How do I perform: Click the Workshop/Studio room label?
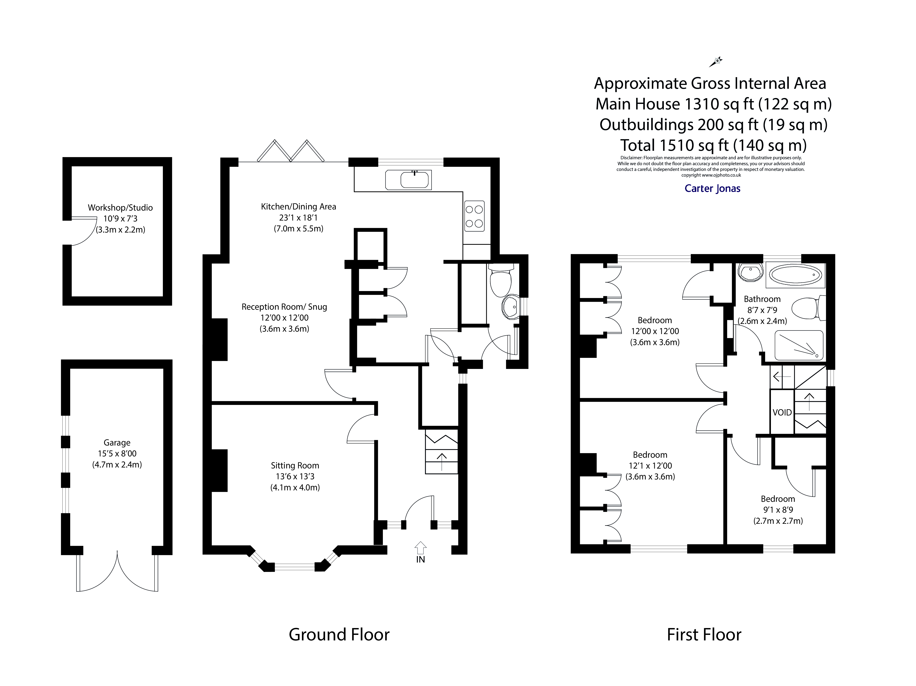[x=120, y=208]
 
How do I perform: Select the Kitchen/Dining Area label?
[x=298, y=207]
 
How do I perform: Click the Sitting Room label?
[x=295, y=465]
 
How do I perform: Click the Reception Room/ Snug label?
[x=284, y=307]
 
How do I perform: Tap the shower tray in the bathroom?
[x=798, y=345]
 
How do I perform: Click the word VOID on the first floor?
[x=782, y=412]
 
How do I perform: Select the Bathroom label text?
[x=762, y=299]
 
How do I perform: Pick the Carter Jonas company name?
[x=712, y=188]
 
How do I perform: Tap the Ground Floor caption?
[x=339, y=635]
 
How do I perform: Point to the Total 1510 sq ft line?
[x=713, y=145]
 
